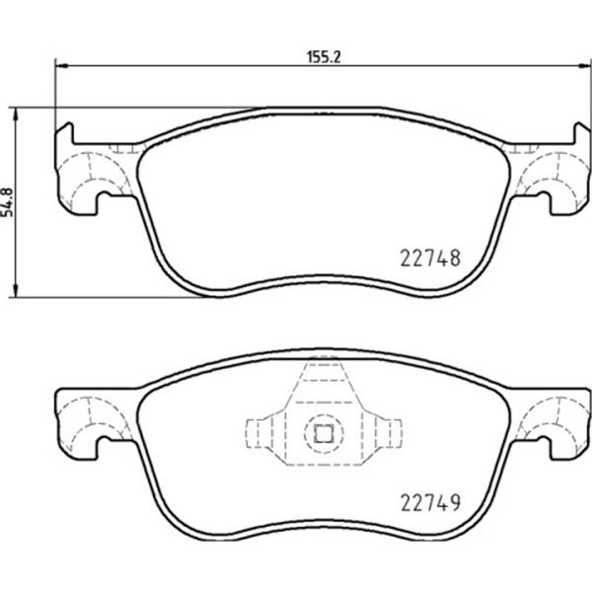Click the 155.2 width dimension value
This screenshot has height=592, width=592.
[x=324, y=57]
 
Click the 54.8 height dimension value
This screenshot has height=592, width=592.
[x=8, y=202]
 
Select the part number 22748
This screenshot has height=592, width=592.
[x=430, y=259]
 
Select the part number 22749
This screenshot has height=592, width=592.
[x=430, y=503]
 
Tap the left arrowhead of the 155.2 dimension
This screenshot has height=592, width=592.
[x=61, y=66]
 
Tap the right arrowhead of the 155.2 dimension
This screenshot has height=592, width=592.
[x=585, y=66]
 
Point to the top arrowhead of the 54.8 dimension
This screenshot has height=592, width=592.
[x=15, y=114]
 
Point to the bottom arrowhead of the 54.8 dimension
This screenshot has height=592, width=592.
[x=15, y=290]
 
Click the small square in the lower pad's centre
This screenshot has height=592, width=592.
[x=324, y=433]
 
